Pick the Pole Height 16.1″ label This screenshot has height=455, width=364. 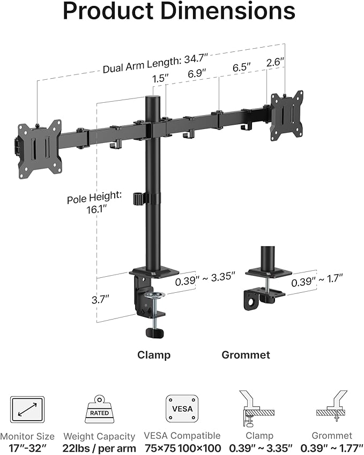pos(87,203)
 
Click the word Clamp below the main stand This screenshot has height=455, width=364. pos(154,355)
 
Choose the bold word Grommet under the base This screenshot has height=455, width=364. pos(246,355)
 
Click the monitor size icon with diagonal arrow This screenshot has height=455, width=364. pos(26,410)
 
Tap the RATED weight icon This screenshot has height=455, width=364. pos(99,410)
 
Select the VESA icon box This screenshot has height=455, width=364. pos(182,410)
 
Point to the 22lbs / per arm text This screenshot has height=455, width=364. pos(100,448)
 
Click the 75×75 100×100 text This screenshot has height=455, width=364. pos(182,448)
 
